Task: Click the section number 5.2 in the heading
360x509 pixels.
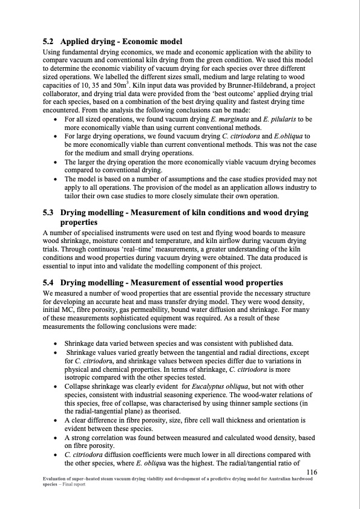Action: (48, 42)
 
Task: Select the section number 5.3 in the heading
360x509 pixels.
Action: (48, 213)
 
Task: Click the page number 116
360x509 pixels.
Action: (313, 472)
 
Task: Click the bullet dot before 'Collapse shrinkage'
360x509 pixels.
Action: (56, 385)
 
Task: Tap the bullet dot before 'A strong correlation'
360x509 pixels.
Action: (56, 435)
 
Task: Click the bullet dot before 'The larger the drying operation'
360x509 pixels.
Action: (56, 163)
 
